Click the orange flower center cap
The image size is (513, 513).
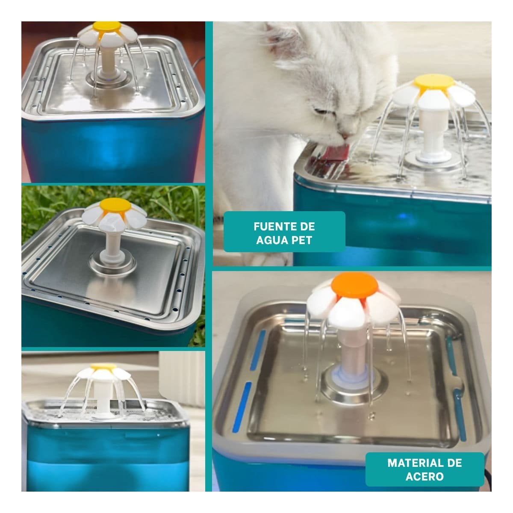pos(354,286)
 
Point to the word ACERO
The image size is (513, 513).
pos(425,476)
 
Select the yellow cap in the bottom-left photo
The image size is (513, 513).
pos(103,367)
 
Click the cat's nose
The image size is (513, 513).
pos(345,136)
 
